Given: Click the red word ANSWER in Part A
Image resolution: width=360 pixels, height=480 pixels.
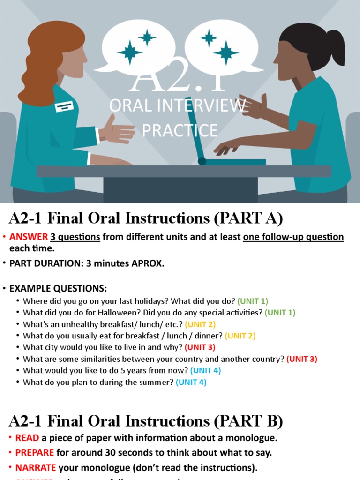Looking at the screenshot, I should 29,237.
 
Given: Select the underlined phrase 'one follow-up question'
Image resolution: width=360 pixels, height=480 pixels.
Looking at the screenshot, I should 293,237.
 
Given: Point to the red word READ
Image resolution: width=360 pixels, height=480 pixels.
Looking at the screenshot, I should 27,438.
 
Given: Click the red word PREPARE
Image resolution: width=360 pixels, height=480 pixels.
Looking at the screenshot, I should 35,453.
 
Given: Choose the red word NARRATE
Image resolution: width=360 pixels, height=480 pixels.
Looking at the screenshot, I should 36,468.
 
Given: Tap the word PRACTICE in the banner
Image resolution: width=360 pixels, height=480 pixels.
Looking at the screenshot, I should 180,130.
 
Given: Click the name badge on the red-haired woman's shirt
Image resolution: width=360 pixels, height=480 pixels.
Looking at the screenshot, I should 64,106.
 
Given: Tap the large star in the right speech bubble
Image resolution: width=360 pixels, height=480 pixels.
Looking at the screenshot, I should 226,52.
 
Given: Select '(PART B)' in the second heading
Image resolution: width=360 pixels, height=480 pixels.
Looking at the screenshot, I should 248,422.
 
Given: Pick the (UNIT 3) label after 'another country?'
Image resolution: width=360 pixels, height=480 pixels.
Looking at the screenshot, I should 302,359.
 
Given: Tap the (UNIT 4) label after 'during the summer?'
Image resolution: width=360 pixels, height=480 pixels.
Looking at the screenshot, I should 191,382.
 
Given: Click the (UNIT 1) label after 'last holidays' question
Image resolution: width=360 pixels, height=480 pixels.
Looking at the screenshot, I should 253,301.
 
